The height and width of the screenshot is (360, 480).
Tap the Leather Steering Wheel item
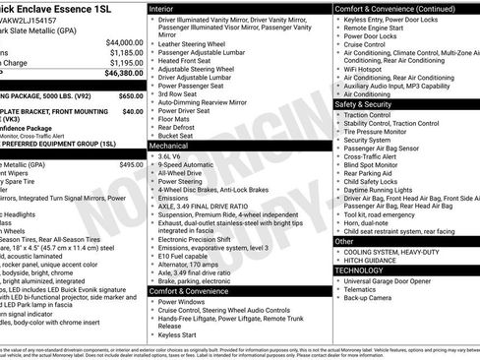point(198,43)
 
